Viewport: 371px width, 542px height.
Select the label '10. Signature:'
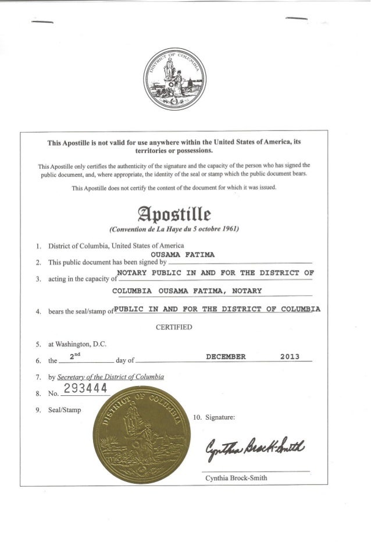(x=214, y=416)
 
